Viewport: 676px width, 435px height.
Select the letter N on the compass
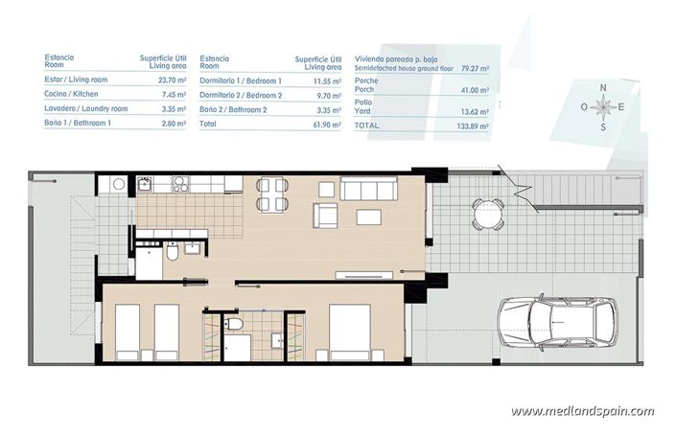[x=603, y=88]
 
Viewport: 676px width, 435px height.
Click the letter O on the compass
[x=584, y=107]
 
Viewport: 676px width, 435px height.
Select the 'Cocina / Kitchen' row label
[x=72, y=95]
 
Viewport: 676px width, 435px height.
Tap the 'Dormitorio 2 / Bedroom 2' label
[x=240, y=95]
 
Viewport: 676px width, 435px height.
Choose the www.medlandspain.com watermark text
[x=582, y=411]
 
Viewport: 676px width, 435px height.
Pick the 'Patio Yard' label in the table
[x=365, y=105]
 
